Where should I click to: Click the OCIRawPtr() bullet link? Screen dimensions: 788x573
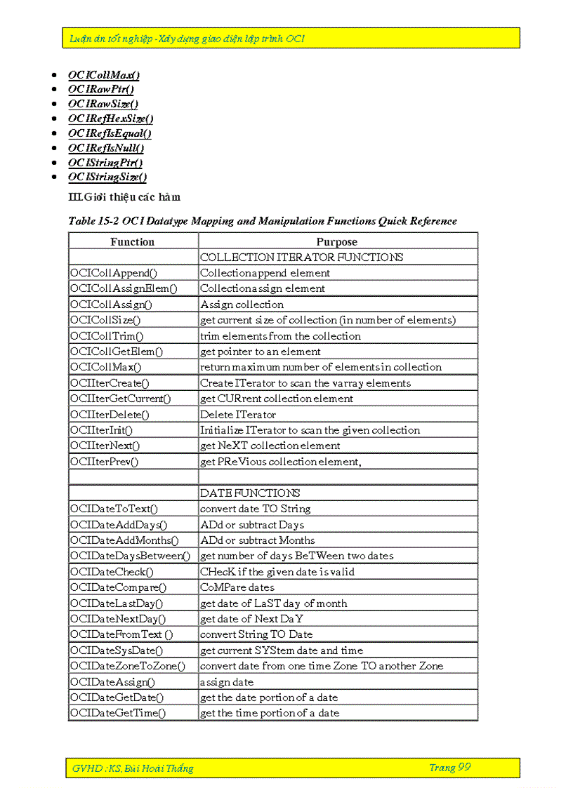click(100, 89)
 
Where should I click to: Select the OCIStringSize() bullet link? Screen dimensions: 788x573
click(107, 177)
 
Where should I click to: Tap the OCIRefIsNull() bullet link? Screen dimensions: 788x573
click(105, 147)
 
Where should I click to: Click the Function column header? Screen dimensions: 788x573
click(132, 241)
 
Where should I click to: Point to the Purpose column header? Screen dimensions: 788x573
click(336, 241)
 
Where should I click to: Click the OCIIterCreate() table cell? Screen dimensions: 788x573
click(110, 383)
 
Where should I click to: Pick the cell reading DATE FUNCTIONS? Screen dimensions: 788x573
click(250, 493)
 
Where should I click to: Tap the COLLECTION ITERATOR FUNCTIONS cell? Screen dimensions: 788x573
click(301, 257)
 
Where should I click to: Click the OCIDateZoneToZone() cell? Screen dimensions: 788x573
click(127, 666)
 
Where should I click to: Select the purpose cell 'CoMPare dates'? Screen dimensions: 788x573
click(237, 587)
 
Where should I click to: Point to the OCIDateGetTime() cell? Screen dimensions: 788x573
click(117, 713)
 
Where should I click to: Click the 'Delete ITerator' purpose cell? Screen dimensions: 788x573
click(238, 415)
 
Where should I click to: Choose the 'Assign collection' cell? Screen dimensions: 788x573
click(242, 305)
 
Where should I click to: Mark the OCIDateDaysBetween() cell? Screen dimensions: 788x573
click(130, 556)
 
